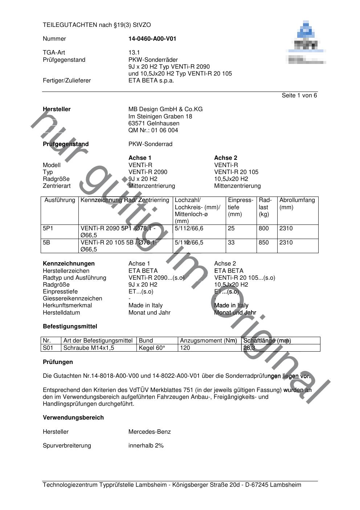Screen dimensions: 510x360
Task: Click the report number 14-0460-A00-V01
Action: click(x=152, y=39)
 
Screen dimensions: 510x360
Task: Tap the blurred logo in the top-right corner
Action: click(x=306, y=43)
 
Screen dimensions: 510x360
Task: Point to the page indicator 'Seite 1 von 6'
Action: click(x=299, y=96)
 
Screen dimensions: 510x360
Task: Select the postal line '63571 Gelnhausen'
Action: click(x=154, y=123)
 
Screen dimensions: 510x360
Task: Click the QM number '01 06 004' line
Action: click(x=153, y=130)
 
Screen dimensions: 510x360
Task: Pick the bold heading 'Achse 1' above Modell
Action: click(x=140, y=158)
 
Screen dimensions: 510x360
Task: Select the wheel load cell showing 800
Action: click(x=264, y=228)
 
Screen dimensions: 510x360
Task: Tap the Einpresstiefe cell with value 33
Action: click(x=231, y=242)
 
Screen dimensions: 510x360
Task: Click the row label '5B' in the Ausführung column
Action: click(x=46, y=242)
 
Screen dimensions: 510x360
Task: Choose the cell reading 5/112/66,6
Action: click(x=189, y=228)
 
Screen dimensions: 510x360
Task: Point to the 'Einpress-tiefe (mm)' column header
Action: click(x=240, y=207)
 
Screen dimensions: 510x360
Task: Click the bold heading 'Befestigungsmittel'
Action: click(x=70, y=326)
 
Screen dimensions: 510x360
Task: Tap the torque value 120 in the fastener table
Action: click(x=185, y=348)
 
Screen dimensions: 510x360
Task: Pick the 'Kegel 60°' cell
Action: click(x=152, y=348)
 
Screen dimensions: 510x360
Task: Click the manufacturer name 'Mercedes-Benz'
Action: click(x=150, y=432)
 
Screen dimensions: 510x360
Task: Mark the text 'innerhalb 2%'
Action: click(x=146, y=445)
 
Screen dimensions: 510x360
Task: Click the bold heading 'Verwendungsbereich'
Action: click(x=73, y=417)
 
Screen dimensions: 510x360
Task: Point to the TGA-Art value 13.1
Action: click(x=134, y=52)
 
